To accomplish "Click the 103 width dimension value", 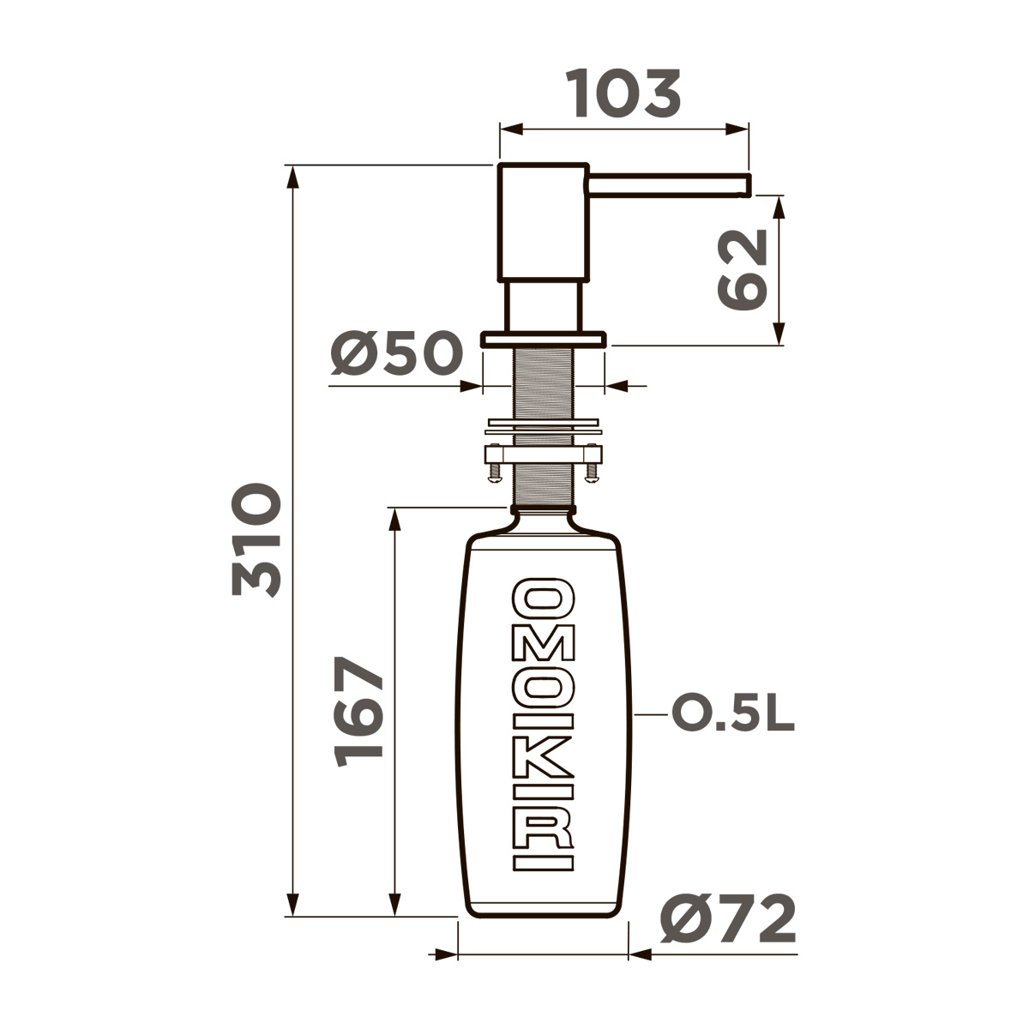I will [625, 93].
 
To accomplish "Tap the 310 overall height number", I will [256, 540].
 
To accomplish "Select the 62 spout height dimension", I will [742, 269].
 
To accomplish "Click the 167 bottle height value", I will [359, 712].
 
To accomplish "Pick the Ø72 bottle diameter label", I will [728, 920].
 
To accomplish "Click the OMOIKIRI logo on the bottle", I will [543, 725].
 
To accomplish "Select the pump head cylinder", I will [543, 221].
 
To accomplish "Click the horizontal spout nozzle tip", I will [745, 185].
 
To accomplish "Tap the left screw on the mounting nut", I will [494, 470].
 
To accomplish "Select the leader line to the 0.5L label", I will [650, 713].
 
